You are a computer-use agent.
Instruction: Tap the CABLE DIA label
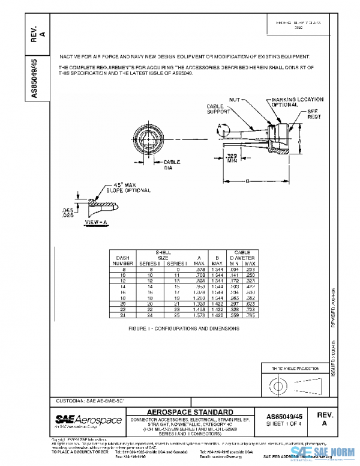click(x=172, y=165)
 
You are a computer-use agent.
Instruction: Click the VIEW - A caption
click(x=96, y=222)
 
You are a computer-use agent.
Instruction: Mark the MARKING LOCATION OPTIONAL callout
click(x=298, y=102)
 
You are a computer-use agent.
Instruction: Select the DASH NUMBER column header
click(x=122, y=260)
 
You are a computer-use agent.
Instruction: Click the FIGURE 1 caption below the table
click(x=184, y=328)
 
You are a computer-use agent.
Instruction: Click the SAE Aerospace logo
click(x=89, y=420)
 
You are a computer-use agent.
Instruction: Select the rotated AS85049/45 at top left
click(x=35, y=80)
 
